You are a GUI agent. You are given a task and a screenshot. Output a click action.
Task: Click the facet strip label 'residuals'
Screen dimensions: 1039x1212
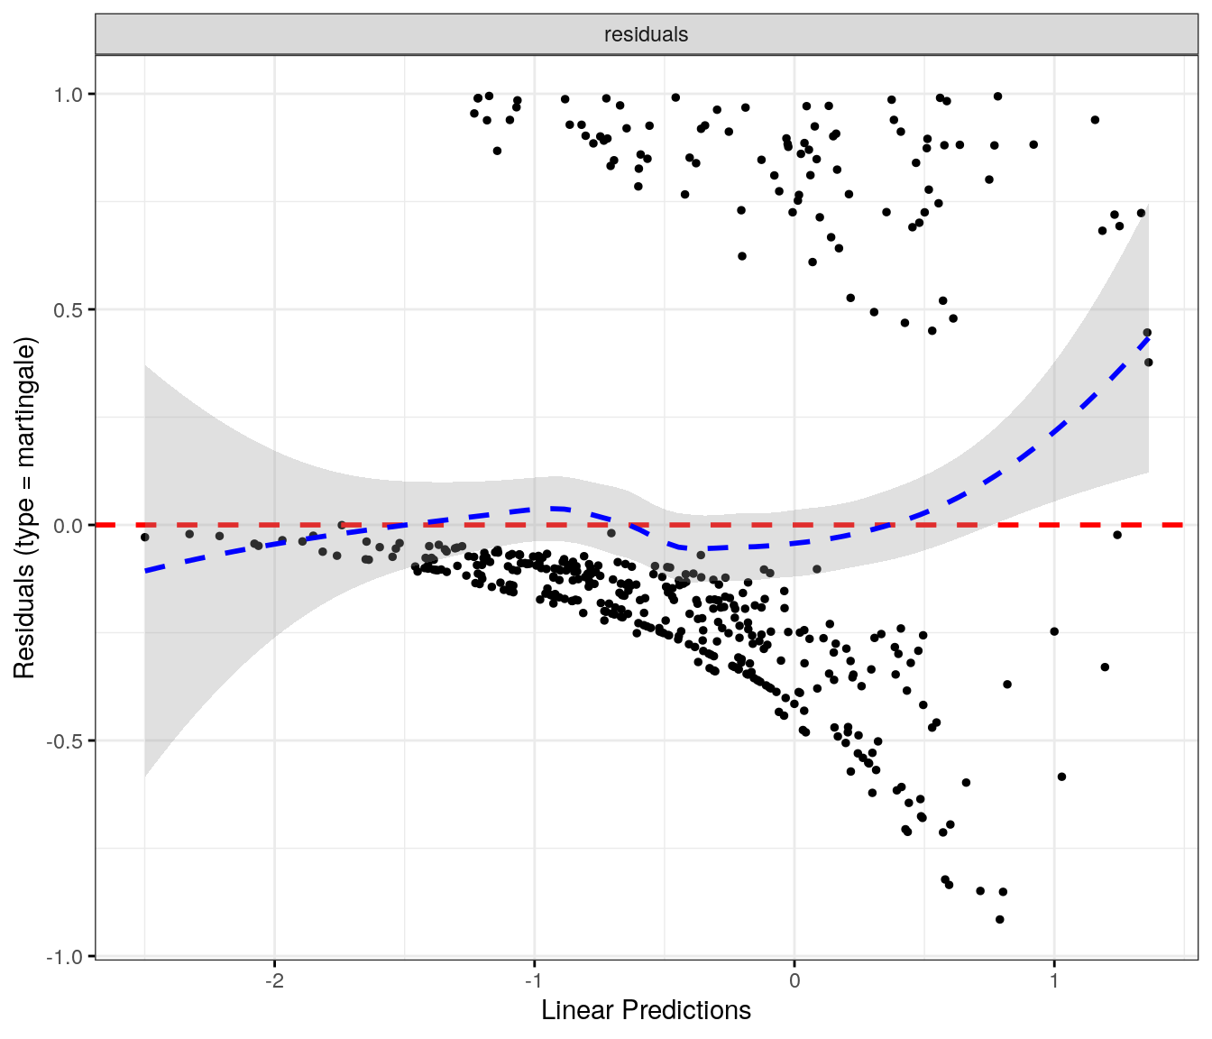point(646,34)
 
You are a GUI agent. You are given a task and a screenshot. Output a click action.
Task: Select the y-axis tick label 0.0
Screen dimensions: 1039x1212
point(69,525)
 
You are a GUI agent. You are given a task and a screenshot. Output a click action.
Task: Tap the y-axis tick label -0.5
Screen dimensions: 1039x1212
point(66,740)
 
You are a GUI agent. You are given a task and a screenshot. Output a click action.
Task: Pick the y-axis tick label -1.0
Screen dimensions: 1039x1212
point(66,956)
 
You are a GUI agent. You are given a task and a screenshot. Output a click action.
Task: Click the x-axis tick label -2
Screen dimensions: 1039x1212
point(274,980)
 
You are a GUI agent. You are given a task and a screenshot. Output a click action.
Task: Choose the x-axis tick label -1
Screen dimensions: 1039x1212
point(534,980)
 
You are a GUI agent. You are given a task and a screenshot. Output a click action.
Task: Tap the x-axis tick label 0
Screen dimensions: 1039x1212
point(794,980)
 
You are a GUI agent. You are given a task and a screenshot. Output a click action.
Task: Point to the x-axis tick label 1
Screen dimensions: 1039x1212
point(1054,980)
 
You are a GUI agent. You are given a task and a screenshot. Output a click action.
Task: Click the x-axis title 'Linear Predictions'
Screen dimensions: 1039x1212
point(646,1010)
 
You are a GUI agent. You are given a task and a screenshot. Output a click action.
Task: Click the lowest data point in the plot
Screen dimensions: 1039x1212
point(999,919)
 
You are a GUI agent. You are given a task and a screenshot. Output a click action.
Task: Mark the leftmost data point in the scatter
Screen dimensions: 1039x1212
point(144,537)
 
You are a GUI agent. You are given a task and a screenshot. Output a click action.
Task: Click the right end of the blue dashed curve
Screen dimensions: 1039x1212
point(1148,336)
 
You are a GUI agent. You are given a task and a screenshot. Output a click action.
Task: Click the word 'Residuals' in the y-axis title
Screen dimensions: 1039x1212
point(24,623)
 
